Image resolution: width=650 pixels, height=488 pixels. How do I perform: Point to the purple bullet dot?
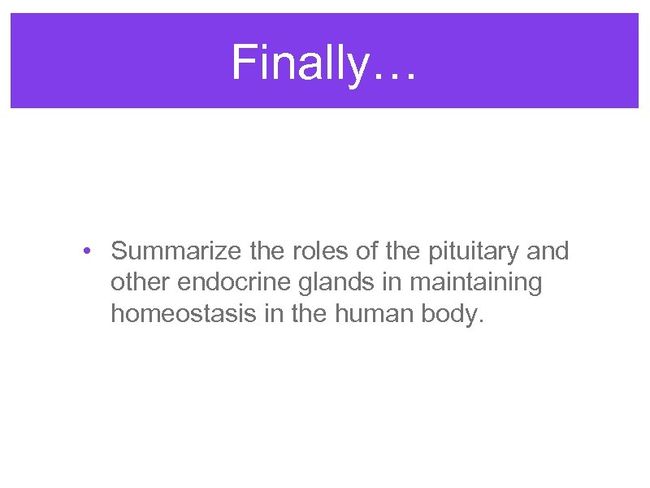click(x=86, y=251)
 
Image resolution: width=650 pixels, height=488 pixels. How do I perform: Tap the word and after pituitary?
click(x=548, y=251)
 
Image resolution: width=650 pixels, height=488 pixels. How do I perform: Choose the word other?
click(x=141, y=282)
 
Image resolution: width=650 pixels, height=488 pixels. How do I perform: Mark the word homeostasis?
click(x=184, y=313)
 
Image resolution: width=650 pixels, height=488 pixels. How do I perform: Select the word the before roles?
click(x=266, y=251)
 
